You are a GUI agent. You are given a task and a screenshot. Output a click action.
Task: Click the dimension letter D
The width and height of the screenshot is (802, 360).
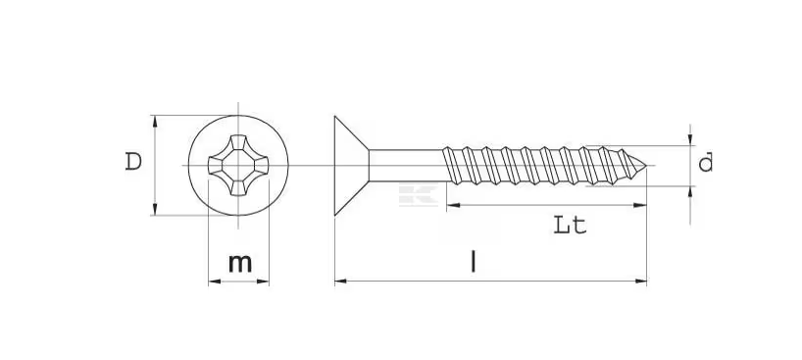click(133, 162)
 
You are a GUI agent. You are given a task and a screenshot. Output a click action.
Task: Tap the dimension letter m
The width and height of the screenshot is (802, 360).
click(240, 263)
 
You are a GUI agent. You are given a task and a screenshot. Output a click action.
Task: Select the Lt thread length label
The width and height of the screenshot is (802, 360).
click(570, 225)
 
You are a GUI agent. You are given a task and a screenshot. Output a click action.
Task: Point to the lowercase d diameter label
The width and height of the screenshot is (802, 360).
click(706, 163)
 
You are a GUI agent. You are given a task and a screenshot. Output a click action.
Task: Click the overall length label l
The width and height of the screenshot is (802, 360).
click(474, 261)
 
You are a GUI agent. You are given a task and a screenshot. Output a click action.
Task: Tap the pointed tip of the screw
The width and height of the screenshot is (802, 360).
click(645, 166)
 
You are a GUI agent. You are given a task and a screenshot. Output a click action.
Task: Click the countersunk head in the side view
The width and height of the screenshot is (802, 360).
click(351, 166)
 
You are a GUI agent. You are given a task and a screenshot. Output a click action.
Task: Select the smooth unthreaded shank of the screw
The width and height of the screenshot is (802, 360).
click(407, 166)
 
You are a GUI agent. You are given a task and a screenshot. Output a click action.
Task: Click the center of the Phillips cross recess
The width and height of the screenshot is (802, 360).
click(238, 166)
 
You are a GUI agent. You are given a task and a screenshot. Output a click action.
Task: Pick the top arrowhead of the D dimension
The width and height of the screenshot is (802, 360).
click(155, 121)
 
